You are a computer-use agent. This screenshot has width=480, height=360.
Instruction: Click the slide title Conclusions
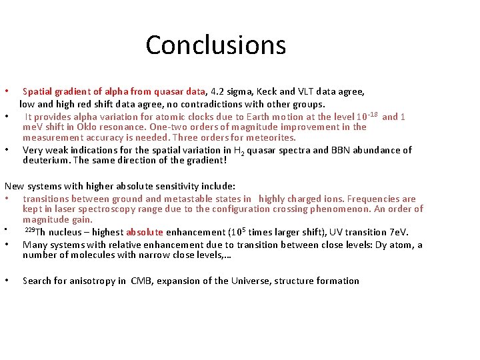point(215,45)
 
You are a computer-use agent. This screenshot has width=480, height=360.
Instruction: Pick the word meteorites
point(269,137)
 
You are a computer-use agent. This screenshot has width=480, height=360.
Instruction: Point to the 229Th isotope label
point(35,232)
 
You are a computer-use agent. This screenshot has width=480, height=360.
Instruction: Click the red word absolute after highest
point(145,232)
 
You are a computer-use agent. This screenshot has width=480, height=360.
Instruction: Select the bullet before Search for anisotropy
point(6,281)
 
